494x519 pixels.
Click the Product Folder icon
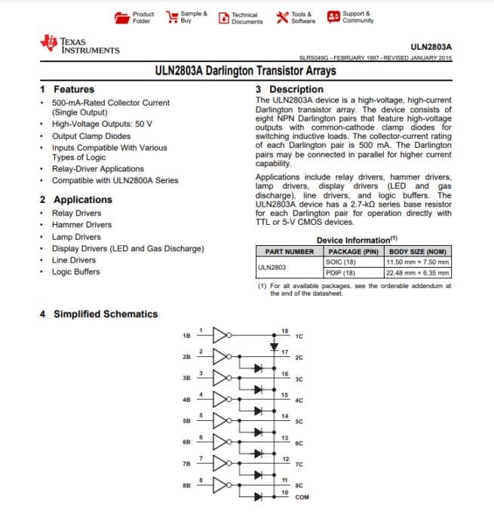122,17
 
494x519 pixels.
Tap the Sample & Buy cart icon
171,17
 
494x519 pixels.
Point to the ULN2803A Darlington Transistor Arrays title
245,72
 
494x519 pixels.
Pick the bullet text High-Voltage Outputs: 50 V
102,124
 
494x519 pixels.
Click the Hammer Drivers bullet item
81,225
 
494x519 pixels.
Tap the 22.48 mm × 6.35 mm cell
417,272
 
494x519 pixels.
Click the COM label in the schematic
302,498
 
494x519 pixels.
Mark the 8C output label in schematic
299,486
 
